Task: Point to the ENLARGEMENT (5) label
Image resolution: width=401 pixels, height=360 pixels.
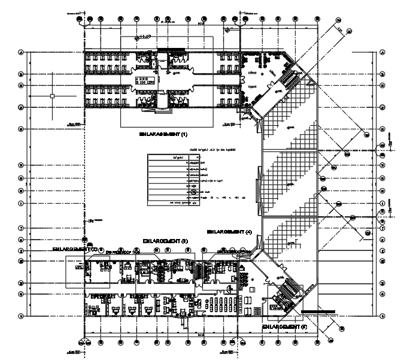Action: [284, 327]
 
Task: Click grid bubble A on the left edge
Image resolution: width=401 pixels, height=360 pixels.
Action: [21, 52]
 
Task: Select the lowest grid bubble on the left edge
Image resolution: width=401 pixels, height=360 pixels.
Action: [21, 316]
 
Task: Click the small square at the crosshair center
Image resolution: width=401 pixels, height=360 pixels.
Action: [53, 96]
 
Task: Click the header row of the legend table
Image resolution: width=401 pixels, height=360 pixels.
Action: [172, 157]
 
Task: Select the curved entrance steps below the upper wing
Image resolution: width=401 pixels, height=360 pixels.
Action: [162, 111]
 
